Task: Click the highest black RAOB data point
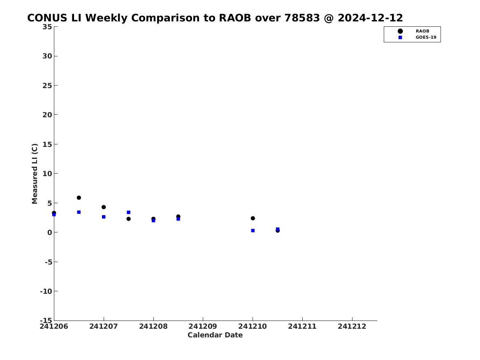[79, 198]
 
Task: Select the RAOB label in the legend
[422, 31]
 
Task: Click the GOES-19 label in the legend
[426, 37]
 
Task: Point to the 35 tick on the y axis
[47, 27]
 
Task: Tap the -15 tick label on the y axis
[46, 320]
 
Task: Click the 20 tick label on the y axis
[47, 115]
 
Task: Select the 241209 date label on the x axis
[203, 326]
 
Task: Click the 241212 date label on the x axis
[352, 326]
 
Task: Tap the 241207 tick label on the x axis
[104, 326]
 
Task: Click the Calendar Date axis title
[215, 335]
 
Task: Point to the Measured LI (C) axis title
[35, 174]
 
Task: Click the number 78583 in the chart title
[302, 18]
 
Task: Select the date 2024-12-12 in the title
[370, 18]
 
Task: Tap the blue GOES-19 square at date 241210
[253, 230]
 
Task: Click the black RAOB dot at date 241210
[253, 218]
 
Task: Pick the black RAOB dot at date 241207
[104, 207]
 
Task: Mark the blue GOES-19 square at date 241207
[104, 217]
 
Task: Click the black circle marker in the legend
[400, 31]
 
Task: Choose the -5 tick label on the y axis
[49, 262]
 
